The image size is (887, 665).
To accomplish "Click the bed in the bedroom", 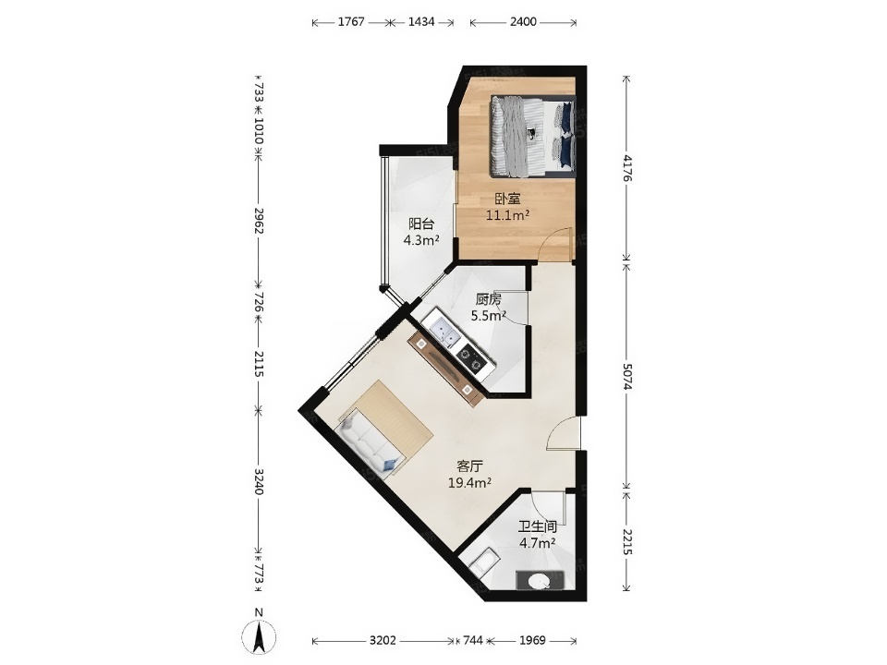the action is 533,136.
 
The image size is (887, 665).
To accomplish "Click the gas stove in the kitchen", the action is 472,358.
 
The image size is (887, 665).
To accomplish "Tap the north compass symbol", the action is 259,634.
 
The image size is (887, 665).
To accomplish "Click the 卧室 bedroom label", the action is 507,199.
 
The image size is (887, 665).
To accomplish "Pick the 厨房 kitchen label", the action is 488,299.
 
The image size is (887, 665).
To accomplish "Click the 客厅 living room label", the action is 469,466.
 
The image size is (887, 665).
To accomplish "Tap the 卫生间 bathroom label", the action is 538,527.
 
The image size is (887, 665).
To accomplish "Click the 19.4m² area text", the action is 469,483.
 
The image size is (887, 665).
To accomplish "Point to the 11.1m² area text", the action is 507,215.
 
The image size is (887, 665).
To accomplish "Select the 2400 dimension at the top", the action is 523,22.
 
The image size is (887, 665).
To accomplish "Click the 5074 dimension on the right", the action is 626,376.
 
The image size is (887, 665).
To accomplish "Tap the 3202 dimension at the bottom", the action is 383,641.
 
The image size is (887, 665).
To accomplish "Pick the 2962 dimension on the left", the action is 259,221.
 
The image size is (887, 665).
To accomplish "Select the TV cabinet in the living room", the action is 446,369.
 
